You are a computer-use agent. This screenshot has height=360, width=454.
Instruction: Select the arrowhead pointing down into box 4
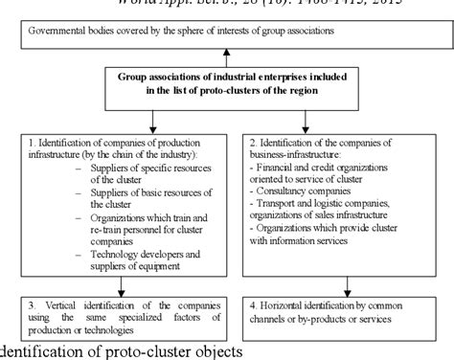click(348, 292)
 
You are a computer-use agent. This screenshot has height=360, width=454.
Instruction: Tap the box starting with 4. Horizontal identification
click(349, 312)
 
